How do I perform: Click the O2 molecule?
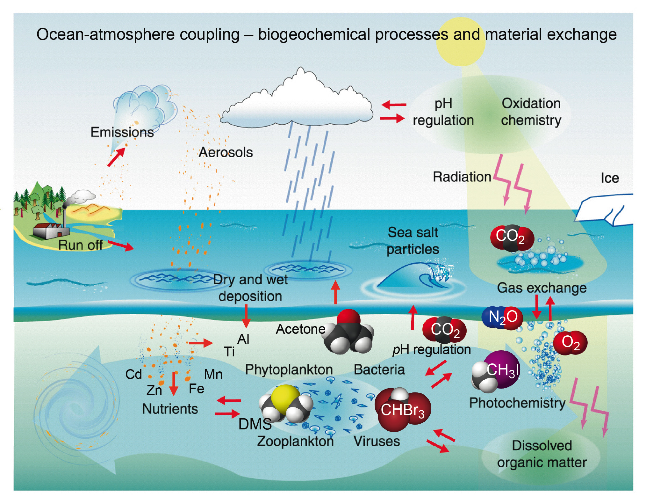(x=570, y=342)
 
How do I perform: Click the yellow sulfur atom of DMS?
(x=285, y=396)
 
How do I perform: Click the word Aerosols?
(x=226, y=152)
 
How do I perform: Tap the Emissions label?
(x=122, y=132)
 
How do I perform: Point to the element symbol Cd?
(x=133, y=374)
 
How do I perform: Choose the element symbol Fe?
(x=196, y=389)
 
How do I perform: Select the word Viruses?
(x=377, y=441)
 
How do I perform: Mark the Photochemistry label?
(x=517, y=403)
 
